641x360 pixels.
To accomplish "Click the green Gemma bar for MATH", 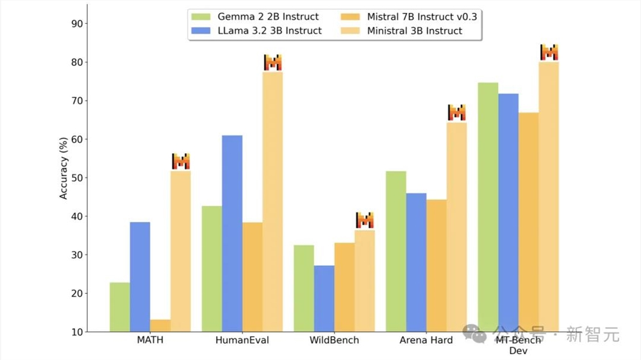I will [x=120, y=307].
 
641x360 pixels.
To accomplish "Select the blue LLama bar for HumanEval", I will [x=232, y=233].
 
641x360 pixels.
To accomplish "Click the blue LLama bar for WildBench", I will [x=324, y=299].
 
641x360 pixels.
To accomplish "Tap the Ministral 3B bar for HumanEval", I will [x=272, y=201].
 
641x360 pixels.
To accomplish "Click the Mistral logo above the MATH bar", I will [x=181, y=161].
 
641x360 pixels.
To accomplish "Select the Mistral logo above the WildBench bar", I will [x=365, y=220].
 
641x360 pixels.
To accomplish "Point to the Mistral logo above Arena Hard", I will [x=456, y=112].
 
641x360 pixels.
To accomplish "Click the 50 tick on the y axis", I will [x=78, y=178].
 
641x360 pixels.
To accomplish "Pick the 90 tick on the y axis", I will [x=78, y=24].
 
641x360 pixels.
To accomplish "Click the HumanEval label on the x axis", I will [x=242, y=340].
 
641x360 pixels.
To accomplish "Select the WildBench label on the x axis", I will [x=334, y=340].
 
